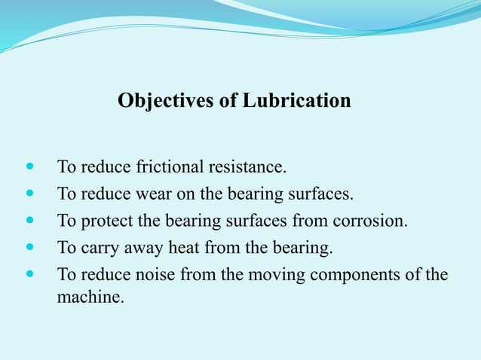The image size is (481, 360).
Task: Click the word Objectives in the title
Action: (x=166, y=101)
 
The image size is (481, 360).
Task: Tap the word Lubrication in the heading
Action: (x=296, y=101)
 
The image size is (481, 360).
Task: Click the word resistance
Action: (x=250, y=166)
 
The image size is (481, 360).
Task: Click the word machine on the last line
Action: (x=88, y=297)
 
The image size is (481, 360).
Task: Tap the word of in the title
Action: (x=228, y=101)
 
